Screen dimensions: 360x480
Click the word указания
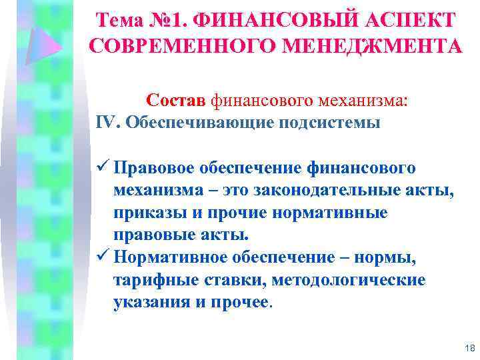(x=145, y=302)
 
